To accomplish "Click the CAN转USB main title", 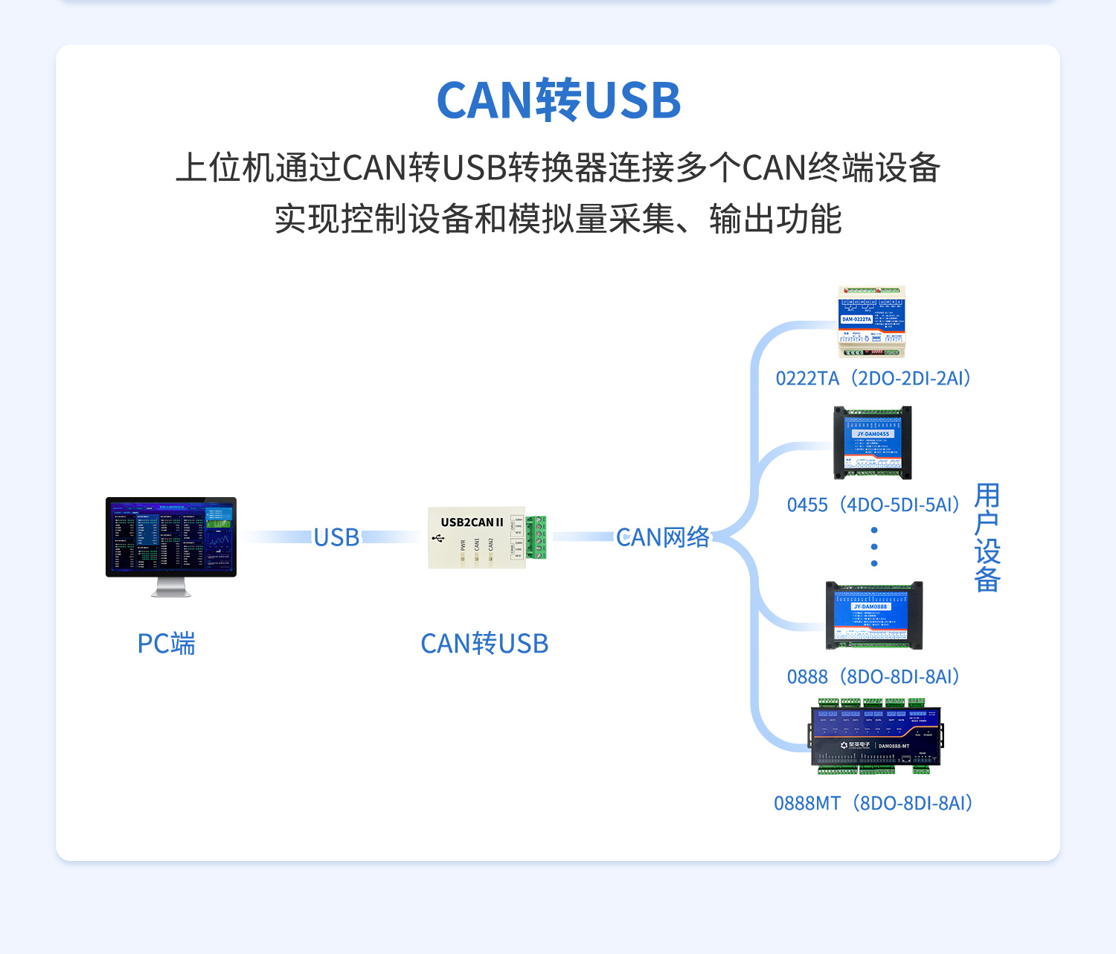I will click(558, 100).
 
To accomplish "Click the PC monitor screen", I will click(171, 536).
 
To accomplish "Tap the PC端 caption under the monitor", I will click(166, 644).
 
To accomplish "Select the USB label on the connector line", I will click(336, 537).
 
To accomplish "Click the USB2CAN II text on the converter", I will click(472, 522).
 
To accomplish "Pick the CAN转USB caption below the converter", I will click(484, 644).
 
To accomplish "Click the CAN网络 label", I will click(662, 537).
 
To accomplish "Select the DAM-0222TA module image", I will click(871, 321).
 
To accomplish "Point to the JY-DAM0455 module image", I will click(873, 443).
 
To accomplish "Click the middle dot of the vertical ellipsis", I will click(874, 547).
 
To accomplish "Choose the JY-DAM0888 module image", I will click(873, 615).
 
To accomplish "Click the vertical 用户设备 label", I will click(987, 537).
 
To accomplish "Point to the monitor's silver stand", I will click(171, 588).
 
